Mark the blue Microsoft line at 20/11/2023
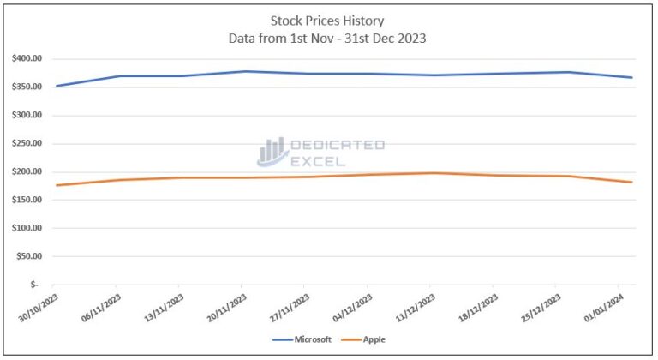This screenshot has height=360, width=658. (x=242, y=71)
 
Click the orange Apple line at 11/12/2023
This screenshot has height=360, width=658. (x=431, y=173)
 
